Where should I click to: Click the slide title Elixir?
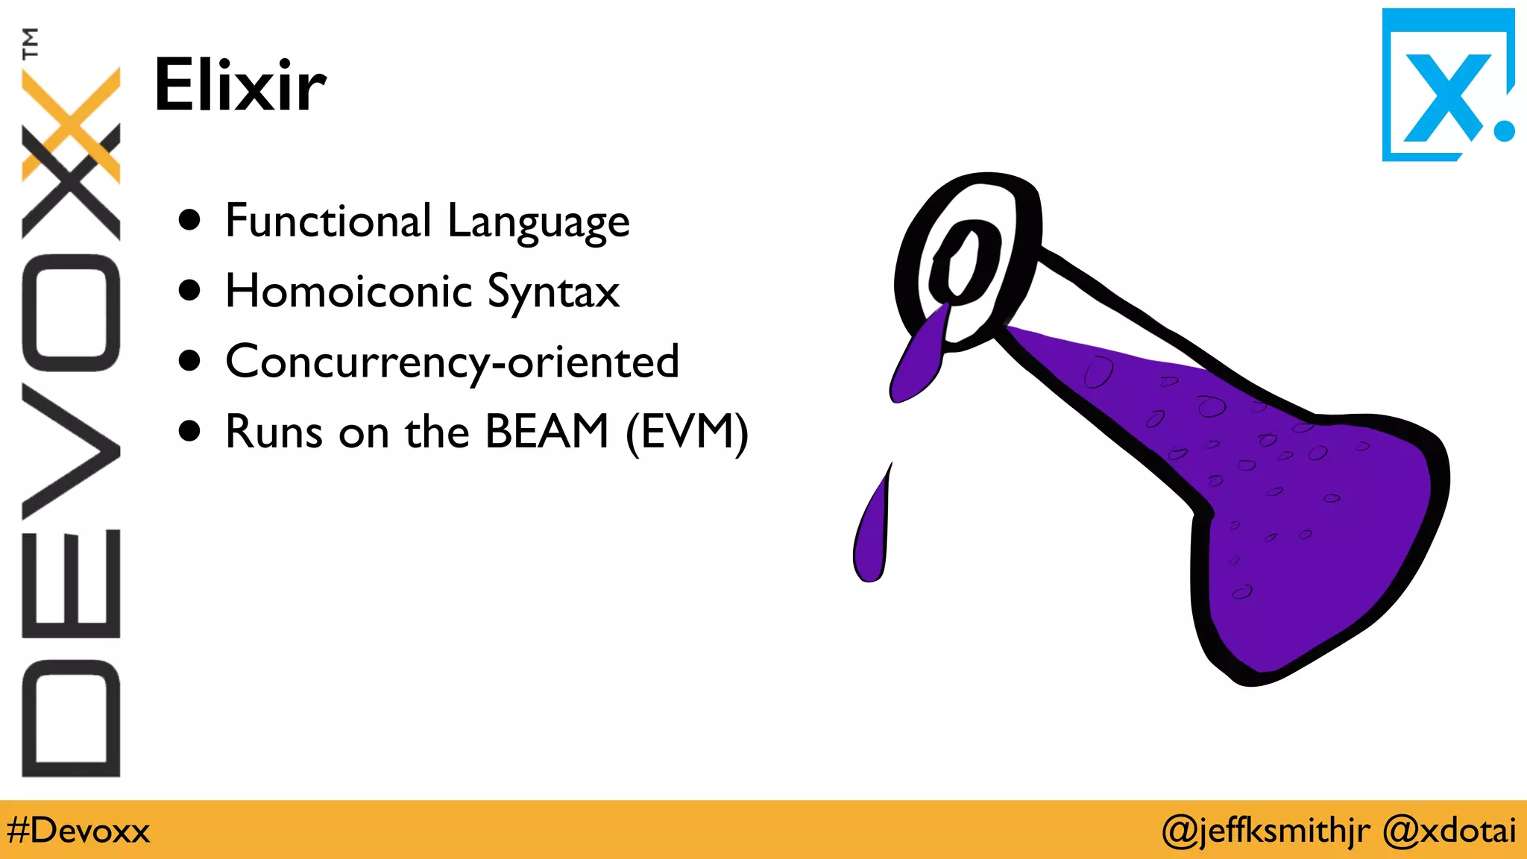coord(239,85)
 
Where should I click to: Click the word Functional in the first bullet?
coord(328,221)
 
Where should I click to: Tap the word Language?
coord(538,222)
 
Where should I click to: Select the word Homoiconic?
coord(348,291)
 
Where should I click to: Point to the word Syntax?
coord(552,292)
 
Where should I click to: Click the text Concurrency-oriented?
coord(452,362)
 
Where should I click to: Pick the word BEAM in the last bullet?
coord(547,431)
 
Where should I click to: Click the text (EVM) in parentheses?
coord(687,432)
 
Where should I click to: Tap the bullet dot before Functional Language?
coord(190,219)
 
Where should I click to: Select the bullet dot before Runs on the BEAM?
coord(190,430)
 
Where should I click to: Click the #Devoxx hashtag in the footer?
coord(78,831)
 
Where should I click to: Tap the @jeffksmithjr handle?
coord(1265,831)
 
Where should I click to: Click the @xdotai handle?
coord(1449,831)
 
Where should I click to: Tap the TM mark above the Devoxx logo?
coord(30,43)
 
